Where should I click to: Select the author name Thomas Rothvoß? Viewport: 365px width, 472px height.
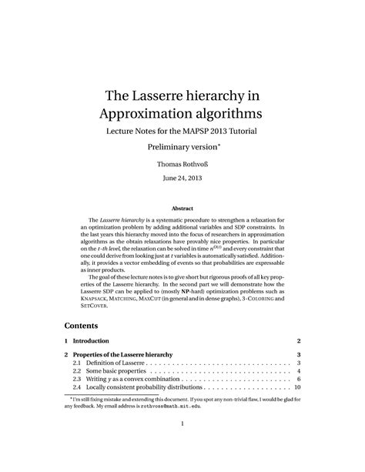click(182, 164)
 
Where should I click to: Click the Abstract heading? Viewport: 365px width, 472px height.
click(182, 209)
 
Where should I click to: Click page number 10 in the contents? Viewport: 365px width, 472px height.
click(296, 388)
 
